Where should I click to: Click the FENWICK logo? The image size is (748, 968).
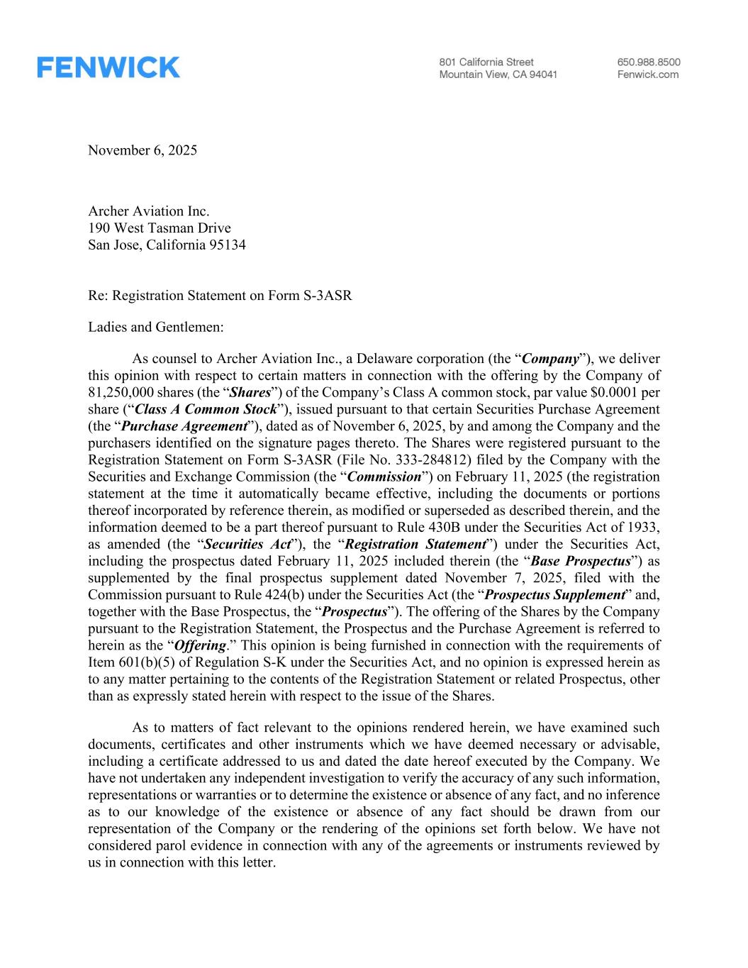108,67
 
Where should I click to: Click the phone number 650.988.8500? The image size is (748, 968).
648,62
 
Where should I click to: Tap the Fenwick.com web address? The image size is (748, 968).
647,74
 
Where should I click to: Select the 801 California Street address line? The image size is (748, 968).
486,62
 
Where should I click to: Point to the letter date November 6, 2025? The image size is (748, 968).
143,150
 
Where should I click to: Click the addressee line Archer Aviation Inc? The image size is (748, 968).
149,211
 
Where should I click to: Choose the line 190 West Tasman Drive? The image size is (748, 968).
160,228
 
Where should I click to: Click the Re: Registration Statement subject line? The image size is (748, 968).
220,296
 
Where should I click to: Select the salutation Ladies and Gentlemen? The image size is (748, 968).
156,328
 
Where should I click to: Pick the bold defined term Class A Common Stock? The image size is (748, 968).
205,410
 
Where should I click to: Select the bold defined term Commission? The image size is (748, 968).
385,477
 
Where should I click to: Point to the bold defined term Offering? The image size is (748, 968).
200,646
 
